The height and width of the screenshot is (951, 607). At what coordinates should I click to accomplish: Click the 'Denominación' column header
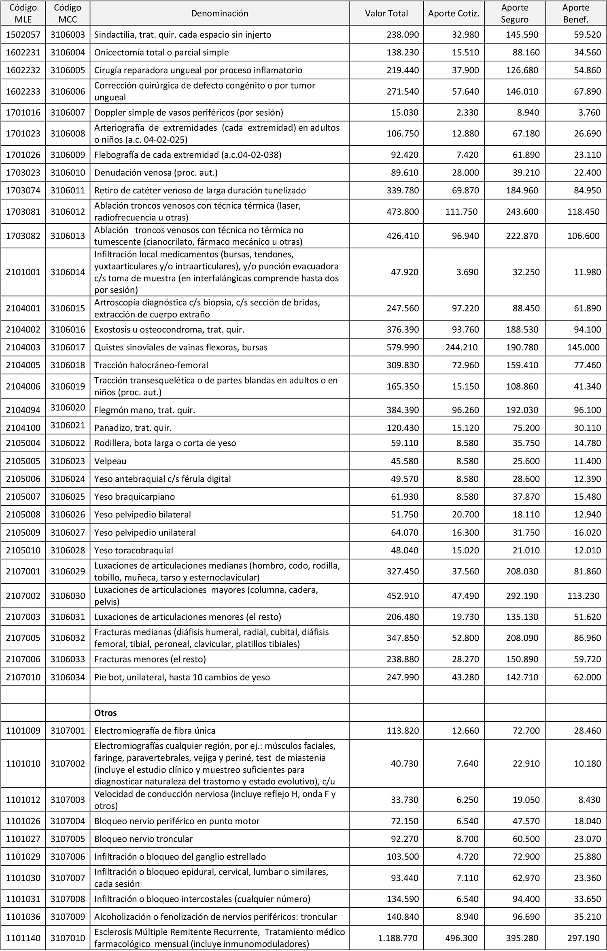click(x=219, y=13)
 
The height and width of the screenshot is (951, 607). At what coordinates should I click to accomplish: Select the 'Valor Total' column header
click(x=386, y=13)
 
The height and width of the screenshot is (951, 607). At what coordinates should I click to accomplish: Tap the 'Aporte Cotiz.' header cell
click(x=454, y=13)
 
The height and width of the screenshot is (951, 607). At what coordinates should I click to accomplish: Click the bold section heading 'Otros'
click(x=105, y=713)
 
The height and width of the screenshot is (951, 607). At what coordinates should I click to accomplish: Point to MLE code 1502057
click(x=23, y=34)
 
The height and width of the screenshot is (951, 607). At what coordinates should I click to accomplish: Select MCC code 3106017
click(x=68, y=347)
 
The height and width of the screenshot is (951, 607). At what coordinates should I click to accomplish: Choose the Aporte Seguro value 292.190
click(x=522, y=596)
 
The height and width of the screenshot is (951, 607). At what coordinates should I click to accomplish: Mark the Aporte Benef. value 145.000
click(x=583, y=347)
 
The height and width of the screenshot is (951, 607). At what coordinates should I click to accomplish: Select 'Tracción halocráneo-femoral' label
click(x=151, y=365)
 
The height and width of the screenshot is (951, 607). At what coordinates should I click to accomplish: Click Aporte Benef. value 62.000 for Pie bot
click(x=587, y=677)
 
